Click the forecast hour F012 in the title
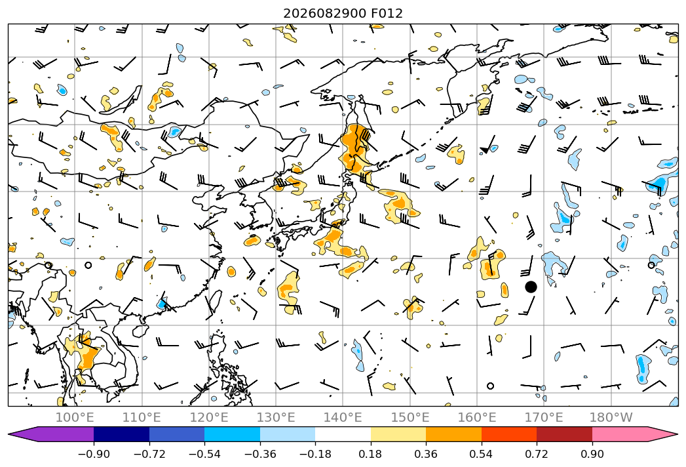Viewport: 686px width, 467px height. pyautogui.click(x=387, y=13)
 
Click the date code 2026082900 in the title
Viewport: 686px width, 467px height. pyautogui.click(x=324, y=13)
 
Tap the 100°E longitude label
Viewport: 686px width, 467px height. pyautogui.click(x=75, y=417)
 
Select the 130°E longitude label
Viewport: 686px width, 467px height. pyautogui.click(x=276, y=417)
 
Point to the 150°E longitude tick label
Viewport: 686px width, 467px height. pyautogui.click(x=410, y=417)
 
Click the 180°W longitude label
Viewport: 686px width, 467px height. pyautogui.click(x=611, y=417)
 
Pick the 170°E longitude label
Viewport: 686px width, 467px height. pyautogui.click(x=544, y=417)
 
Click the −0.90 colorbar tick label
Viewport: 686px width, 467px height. pyautogui.click(x=94, y=454)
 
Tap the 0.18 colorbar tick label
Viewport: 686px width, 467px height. pyautogui.click(x=371, y=454)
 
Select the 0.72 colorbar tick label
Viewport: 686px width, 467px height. pyautogui.click(x=537, y=454)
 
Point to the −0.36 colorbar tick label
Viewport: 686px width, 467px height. pyautogui.click(x=260, y=454)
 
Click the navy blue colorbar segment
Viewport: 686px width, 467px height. pyautogui.click(x=121, y=434)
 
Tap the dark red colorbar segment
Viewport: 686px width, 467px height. pyautogui.click(x=564, y=434)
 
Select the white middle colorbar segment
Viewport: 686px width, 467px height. pyautogui.click(x=343, y=434)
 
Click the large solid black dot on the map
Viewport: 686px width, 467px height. pyautogui.click(x=531, y=287)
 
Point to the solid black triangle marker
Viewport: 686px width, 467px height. pyautogui.click(x=484, y=150)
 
